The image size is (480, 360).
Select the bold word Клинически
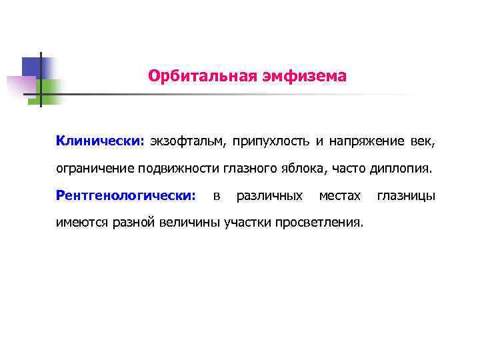coord(99,141)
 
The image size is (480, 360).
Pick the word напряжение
coord(365,141)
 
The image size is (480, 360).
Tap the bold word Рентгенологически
coord(126,196)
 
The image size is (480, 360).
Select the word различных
coord(269,196)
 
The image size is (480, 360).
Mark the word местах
coord(340,196)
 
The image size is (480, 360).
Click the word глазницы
coord(407,196)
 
